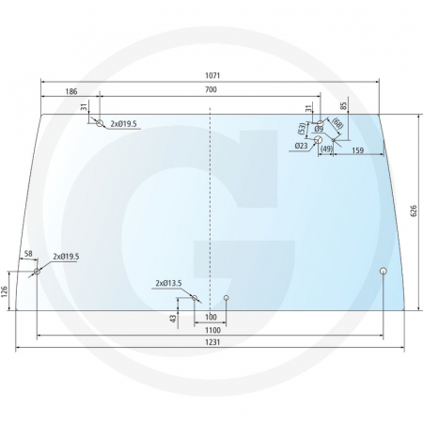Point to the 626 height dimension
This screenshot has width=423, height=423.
click(x=413, y=211)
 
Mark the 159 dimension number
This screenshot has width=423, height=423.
click(x=358, y=149)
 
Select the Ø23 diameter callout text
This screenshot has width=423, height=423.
click(x=301, y=146)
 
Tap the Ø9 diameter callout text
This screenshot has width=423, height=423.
click(x=319, y=129)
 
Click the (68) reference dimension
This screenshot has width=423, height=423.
click(x=337, y=124)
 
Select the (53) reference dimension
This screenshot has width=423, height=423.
click(x=302, y=127)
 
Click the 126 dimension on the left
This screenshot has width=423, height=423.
click(x=6, y=291)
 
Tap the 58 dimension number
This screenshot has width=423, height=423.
click(x=28, y=255)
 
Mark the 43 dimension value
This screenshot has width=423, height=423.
click(x=173, y=319)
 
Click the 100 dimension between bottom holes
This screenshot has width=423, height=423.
click(x=210, y=317)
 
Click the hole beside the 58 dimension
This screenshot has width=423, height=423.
click(x=38, y=273)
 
